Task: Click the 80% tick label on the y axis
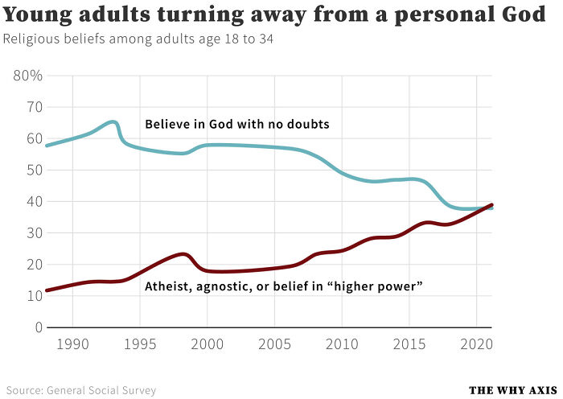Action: pyautogui.click(x=28, y=76)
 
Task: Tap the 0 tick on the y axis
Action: pyautogui.click(x=38, y=328)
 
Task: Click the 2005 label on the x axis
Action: pyautogui.click(x=274, y=344)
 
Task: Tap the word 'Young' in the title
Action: pyautogui.click(x=35, y=16)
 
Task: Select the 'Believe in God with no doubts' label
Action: pyautogui.click(x=237, y=124)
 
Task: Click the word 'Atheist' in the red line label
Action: pyautogui.click(x=166, y=286)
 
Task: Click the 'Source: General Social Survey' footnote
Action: pyautogui.click(x=81, y=390)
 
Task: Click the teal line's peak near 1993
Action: pyautogui.click(x=113, y=122)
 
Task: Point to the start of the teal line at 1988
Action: pyautogui.click(x=47, y=146)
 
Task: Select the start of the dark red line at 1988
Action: pyautogui.click(x=47, y=290)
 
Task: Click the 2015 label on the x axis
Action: pyautogui.click(x=409, y=344)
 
